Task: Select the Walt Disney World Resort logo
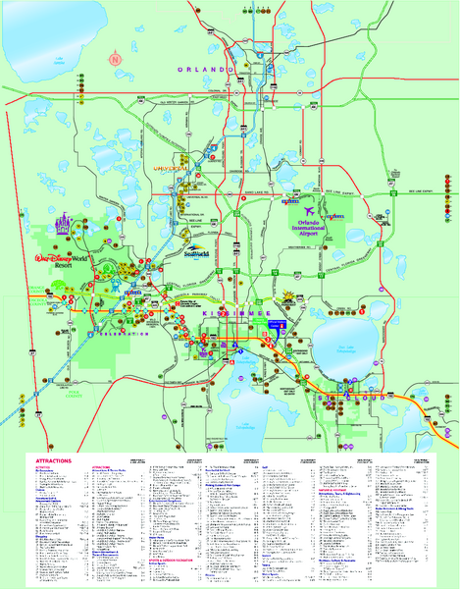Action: tap(61, 260)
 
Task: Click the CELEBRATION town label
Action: tap(121, 334)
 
